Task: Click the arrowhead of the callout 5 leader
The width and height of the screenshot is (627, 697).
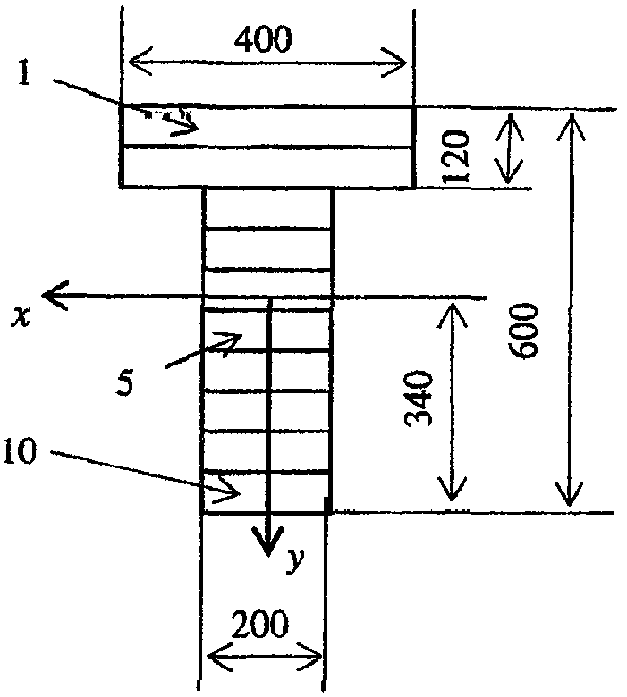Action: click(234, 339)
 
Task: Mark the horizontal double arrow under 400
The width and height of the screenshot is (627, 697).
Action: click(267, 62)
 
